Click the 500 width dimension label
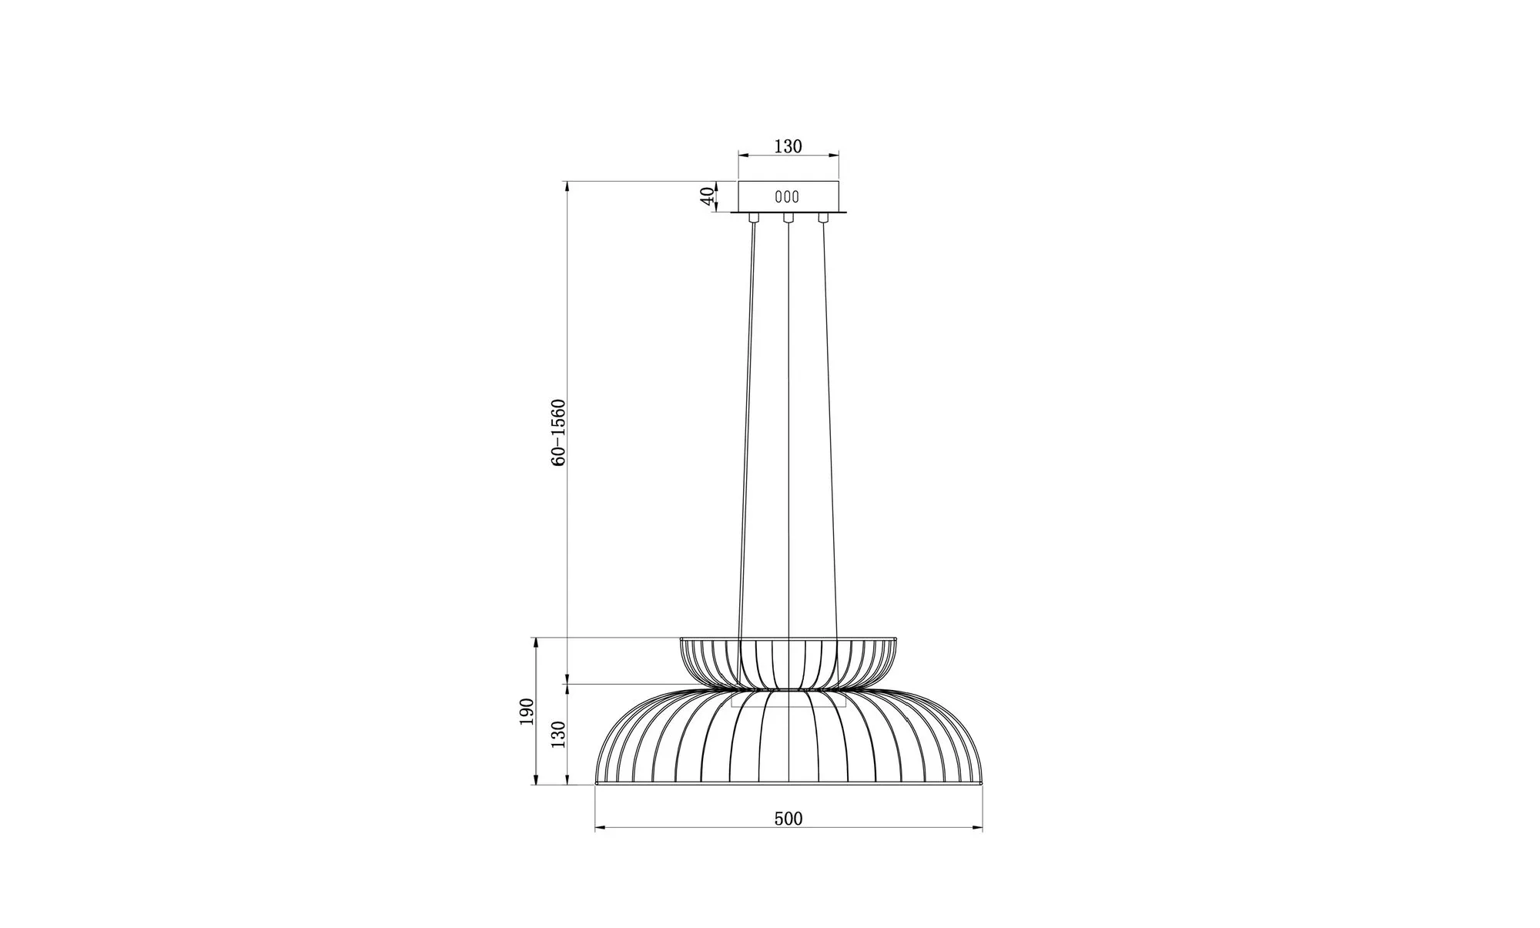788,819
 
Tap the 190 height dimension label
527,712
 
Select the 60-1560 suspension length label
559,432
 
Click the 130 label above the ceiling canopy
788,146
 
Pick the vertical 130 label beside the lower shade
559,735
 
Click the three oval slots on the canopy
787,196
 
